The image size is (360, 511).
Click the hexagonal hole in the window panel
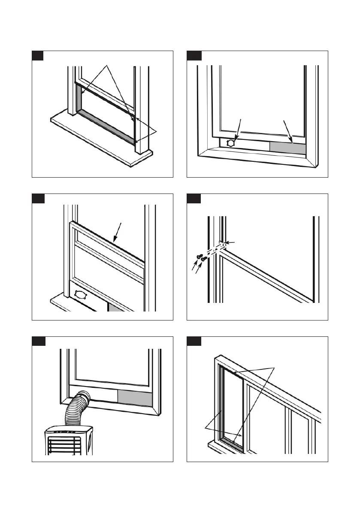coord(230,143)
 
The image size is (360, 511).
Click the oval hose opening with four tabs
coord(80,294)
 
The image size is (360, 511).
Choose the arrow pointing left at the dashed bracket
coord(230,243)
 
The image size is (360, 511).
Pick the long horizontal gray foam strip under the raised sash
coord(105,126)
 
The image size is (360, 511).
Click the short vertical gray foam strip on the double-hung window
coord(79,97)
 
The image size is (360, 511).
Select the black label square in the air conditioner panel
coord(37,342)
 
